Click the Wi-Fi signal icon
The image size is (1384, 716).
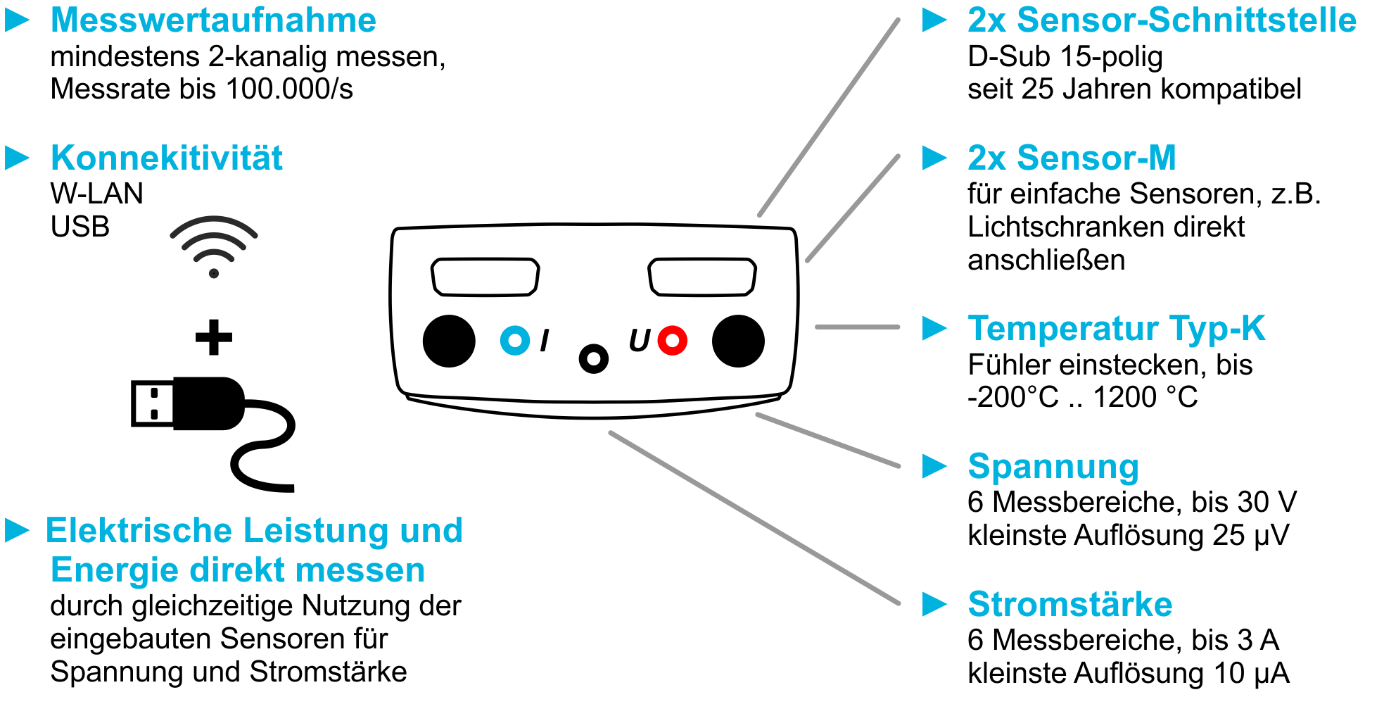pos(214,246)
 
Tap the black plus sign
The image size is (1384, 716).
pos(214,337)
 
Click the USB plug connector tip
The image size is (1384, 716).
pos(152,404)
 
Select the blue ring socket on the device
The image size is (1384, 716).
pos(515,341)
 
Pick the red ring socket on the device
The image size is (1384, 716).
pos(673,341)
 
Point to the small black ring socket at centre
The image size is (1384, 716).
pos(594,359)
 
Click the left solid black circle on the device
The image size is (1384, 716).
pos(449,341)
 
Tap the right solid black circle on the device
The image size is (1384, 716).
pos(738,341)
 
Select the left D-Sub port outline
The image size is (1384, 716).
pos(485,277)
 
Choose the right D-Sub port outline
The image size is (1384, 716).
pos(702,277)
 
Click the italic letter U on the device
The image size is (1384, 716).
pos(639,341)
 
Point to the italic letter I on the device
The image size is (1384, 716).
pos(545,341)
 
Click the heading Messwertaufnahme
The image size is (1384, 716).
pos(213,20)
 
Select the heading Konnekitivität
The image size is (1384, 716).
pos(167,158)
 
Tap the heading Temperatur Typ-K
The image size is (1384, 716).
pos(1117,328)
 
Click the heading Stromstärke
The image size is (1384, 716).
pos(1069,604)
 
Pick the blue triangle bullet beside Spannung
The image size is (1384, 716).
pos(934,466)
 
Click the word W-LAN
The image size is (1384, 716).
pos(97,194)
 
